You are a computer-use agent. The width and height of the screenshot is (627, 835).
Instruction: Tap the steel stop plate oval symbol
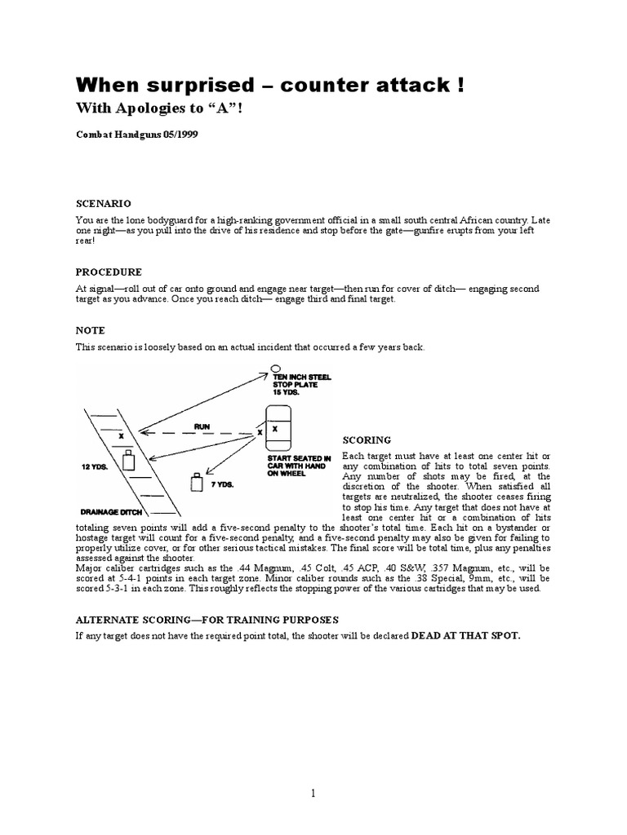[x=276, y=368]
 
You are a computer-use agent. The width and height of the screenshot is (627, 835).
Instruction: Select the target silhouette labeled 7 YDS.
[x=196, y=483]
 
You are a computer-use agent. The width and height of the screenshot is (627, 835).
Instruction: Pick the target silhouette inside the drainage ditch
[x=127, y=462]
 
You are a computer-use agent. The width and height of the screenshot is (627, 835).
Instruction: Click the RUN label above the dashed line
[x=202, y=426]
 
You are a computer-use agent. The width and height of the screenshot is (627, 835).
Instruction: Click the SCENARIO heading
[x=104, y=203]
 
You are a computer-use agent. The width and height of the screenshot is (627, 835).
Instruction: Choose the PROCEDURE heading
[x=109, y=272]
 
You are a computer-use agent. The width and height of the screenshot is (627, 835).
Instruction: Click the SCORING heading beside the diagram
[x=367, y=440]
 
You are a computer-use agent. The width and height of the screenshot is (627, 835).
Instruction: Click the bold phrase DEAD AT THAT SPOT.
[x=465, y=634]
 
